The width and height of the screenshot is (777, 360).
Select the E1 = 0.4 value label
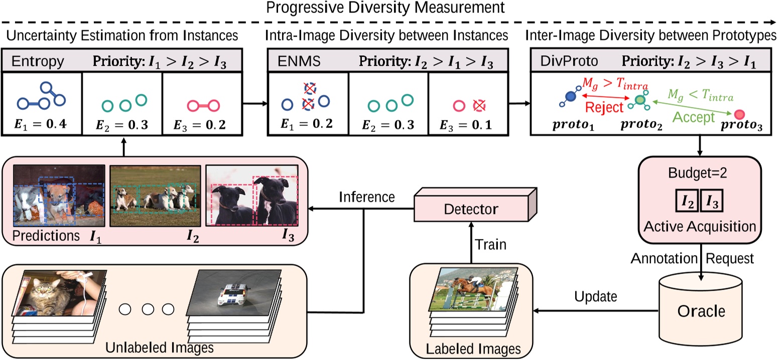(x=41, y=125)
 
